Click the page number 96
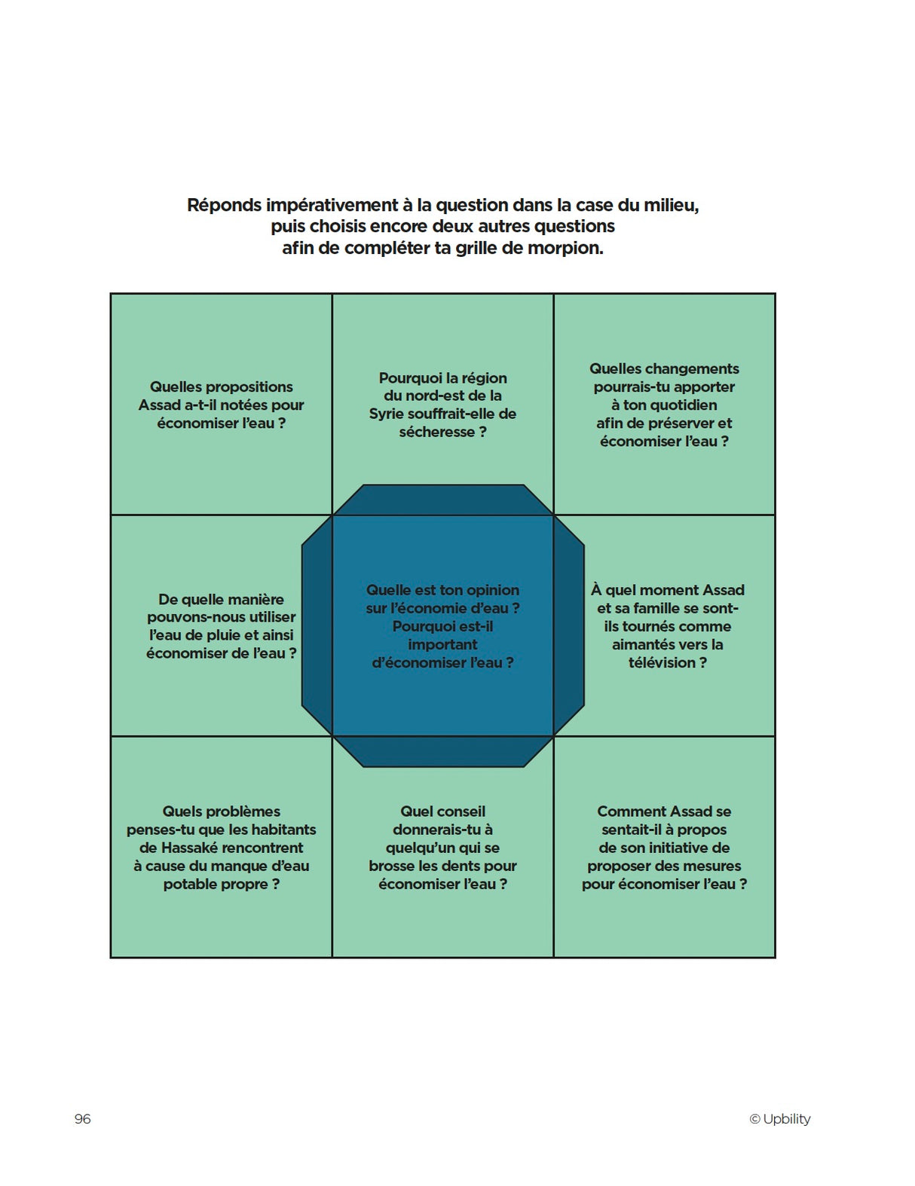tap(82, 1119)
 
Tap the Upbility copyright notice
tap(779, 1119)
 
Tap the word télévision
tap(662, 662)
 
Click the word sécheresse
tap(436, 432)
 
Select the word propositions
tap(246, 387)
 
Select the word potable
tap(190, 884)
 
